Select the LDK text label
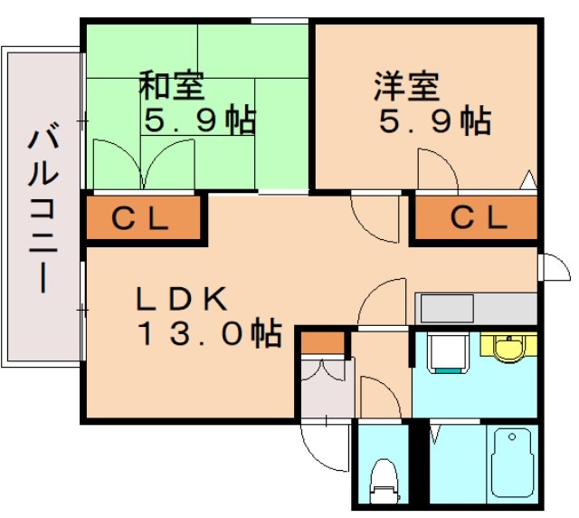(185, 298)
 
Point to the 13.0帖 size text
(208, 334)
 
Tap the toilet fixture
(384, 479)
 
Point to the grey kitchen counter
(475, 308)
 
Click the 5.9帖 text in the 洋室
(434, 120)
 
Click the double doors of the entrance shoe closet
(323, 373)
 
